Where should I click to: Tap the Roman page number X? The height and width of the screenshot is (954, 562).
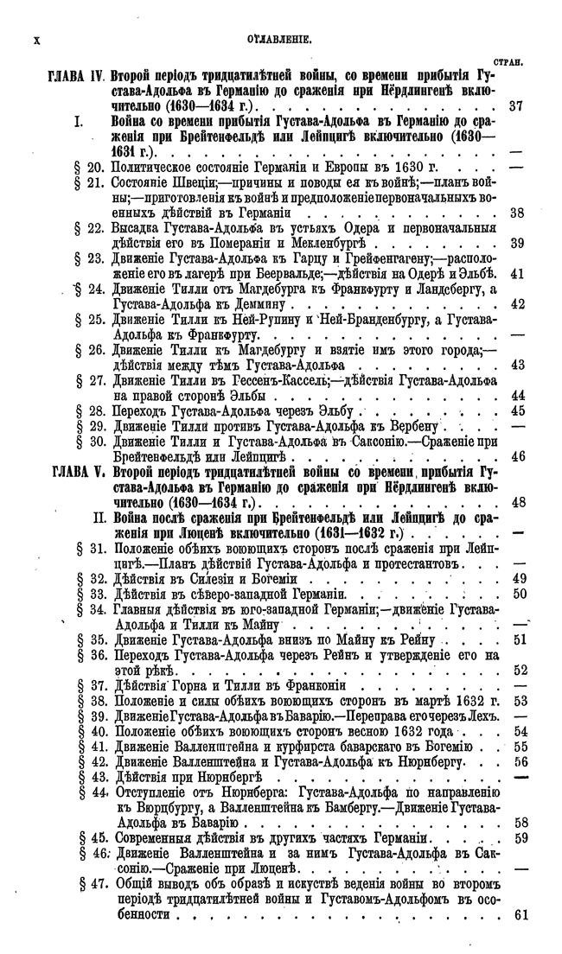pos(36,40)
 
